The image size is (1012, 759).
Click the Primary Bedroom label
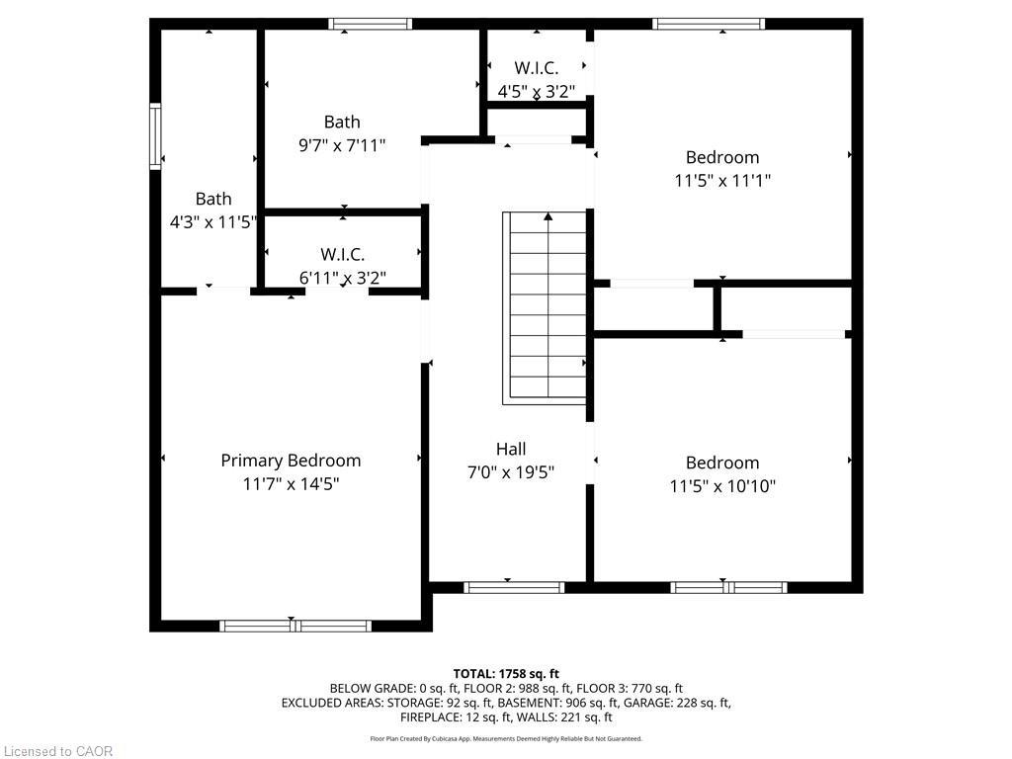click(291, 461)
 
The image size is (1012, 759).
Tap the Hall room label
click(511, 449)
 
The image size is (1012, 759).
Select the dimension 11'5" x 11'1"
click(722, 181)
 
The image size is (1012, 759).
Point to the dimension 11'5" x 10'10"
click(722, 486)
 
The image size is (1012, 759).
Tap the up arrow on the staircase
click(548, 217)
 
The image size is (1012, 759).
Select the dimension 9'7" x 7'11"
click(342, 145)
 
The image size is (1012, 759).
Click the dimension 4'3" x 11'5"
click(213, 222)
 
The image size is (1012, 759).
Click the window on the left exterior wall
click(155, 136)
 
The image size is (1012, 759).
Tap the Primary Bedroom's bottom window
click(295, 626)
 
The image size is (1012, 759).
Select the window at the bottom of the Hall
click(514, 587)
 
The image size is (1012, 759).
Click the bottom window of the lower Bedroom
click(728, 587)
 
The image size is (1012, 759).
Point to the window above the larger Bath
click(371, 24)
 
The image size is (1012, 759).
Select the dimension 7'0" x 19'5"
click(511, 472)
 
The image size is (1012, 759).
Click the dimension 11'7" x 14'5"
click(291, 484)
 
